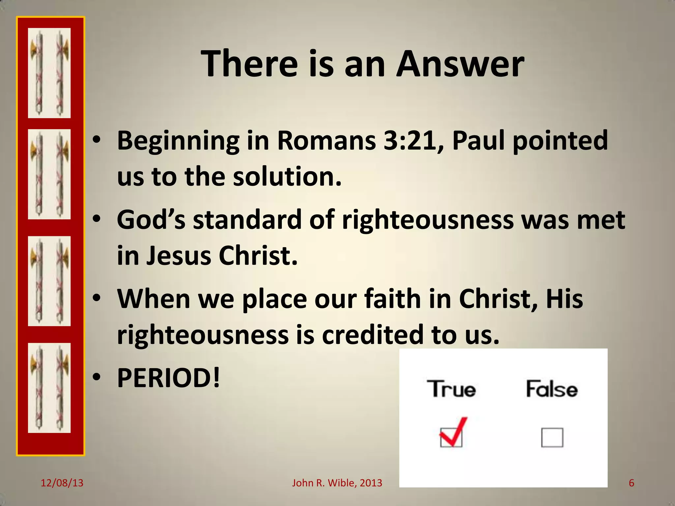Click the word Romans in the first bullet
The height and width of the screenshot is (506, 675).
coord(326,141)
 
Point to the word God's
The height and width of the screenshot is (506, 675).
coord(151,220)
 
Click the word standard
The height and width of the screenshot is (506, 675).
coord(247,220)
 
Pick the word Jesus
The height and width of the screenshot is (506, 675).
coord(178,256)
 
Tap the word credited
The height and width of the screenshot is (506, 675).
coord(372,335)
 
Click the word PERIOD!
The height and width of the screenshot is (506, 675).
coord(168,378)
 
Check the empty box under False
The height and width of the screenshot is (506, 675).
coord(552,437)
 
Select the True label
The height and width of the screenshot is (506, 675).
coord(451,389)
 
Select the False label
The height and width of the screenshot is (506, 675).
coord(551,389)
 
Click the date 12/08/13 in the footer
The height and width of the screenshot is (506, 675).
coord(62,483)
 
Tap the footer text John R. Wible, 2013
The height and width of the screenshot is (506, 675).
coord(337,483)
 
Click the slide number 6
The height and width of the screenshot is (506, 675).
coord(631,483)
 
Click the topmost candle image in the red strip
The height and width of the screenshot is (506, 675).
coord(49,73)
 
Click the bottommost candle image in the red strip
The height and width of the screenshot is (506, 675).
coord(49,388)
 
